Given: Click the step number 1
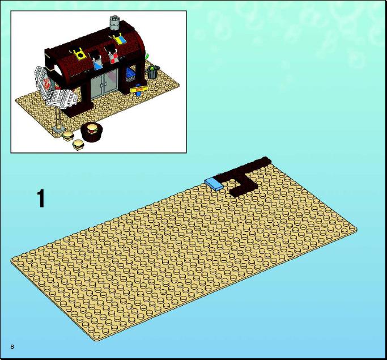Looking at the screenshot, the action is pos(41,198).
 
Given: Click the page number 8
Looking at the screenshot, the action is pos(12,346).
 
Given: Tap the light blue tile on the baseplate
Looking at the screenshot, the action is pos(214,184).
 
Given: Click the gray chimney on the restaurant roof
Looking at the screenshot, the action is pos(114,23).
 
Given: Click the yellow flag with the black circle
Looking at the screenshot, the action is pos(80,54).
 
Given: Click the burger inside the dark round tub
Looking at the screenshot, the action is pos(92,129).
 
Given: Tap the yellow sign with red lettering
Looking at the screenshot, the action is pos(139,89).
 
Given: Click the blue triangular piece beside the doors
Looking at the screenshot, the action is pos(130,74).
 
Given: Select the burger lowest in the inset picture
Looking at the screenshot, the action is pos(78,145).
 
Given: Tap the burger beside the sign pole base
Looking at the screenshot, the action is pos(68,135).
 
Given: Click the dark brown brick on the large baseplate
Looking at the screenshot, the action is pos(244,176).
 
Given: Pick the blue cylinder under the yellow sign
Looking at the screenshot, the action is pos(138,93).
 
